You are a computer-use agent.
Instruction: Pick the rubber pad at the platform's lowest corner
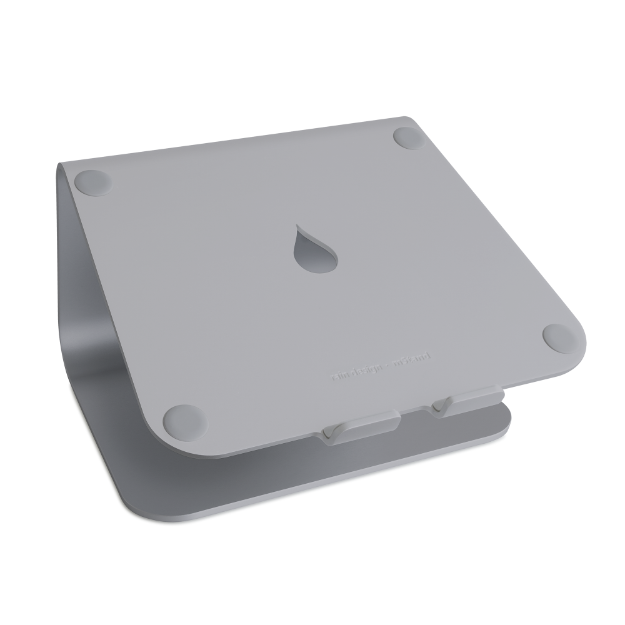click(x=181, y=416)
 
